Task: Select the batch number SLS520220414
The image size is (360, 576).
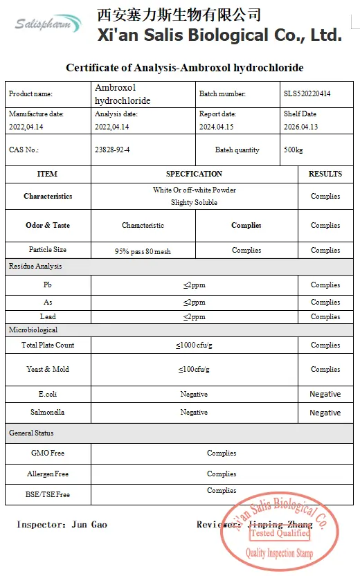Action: (307, 93)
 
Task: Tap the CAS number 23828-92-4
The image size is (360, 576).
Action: (111, 150)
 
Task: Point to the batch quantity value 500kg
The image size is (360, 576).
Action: (293, 150)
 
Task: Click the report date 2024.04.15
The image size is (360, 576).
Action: (217, 127)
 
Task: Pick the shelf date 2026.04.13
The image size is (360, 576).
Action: (301, 127)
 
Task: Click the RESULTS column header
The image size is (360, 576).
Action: (325, 174)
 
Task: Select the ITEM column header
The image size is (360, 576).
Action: (47, 174)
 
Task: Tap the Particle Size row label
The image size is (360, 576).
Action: (47, 250)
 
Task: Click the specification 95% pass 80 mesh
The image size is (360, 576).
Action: (143, 251)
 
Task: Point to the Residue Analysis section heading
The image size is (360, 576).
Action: (35, 266)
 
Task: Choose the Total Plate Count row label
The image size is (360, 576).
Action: (47, 345)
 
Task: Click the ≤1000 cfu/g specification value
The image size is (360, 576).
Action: (194, 345)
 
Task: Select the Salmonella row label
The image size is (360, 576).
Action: (47, 412)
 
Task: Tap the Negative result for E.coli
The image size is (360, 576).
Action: (325, 394)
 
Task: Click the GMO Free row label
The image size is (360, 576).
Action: (47, 453)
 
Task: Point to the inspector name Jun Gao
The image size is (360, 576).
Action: (89, 525)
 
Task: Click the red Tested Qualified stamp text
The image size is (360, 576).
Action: (280, 533)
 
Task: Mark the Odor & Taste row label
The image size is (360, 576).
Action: (47, 225)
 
